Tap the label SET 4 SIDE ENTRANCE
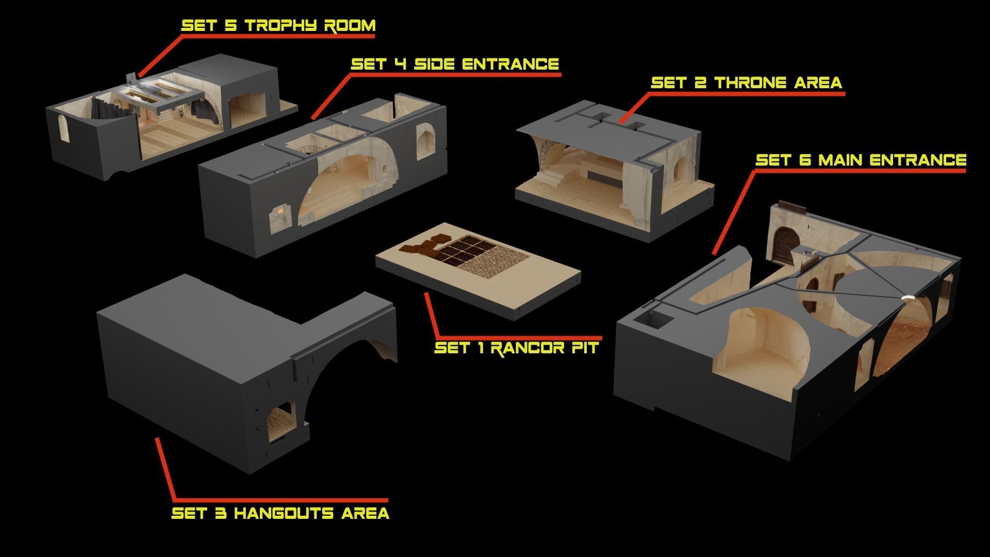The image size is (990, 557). [455, 64]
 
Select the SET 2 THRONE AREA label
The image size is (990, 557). [746, 83]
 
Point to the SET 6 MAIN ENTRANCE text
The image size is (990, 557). [861, 160]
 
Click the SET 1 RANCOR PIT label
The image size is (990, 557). [516, 347]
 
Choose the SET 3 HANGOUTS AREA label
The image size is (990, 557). [280, 513]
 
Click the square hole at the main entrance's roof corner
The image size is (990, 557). [652, 320]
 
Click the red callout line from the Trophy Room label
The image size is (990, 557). [160, 57]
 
